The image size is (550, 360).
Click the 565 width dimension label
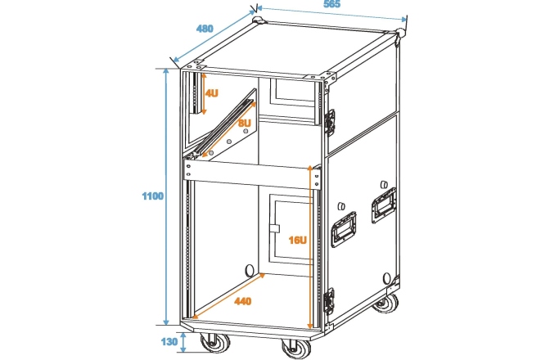click(331, 5)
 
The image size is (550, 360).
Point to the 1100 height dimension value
click(152, 196)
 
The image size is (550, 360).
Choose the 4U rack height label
click(212, 93)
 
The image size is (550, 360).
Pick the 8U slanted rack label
click(244, 124)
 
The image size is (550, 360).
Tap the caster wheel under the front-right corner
click(293, 348)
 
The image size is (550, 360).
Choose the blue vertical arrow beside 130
click(183, 343)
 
